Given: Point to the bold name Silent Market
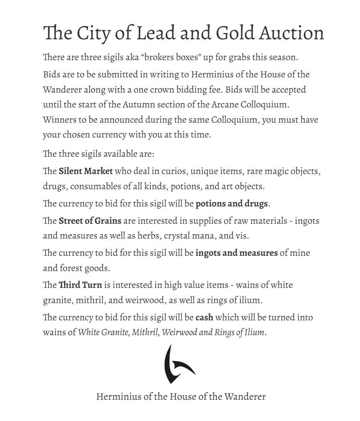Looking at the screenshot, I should tap(85, 172).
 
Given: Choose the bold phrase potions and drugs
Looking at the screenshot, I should tap(232, 204).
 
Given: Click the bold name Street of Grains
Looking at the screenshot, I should tap(90, 221).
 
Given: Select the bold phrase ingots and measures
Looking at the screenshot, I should tap(236, 253).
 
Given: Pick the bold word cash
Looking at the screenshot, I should tap(204, 318).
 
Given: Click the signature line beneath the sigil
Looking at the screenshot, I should tap(181, 397).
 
